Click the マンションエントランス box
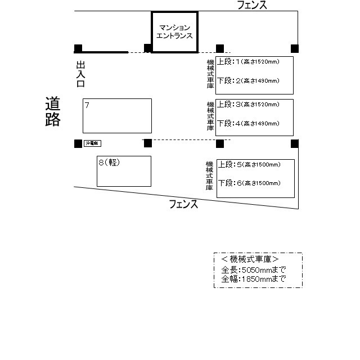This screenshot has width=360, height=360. tap(175, 31)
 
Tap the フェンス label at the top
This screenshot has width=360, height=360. tap(251, 5)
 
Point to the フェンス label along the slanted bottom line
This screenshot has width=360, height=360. tap(183, 205)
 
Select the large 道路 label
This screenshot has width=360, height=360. tap(53, 111)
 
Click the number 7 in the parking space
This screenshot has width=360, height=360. tap(87, 105)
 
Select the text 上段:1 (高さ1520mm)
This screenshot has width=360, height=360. tap(248, 61)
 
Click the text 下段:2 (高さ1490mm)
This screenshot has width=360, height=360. tap(248, 81)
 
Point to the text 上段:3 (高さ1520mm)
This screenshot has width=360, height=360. tap(248, 105)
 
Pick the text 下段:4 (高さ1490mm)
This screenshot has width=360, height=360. tap(248, 123)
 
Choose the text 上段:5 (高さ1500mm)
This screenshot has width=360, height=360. tap(249, 165)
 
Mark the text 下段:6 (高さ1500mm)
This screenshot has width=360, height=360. tap(249, 183)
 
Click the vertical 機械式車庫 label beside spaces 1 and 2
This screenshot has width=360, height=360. tap(210, 75)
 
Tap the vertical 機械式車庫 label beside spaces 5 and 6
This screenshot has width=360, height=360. tap(209, 175)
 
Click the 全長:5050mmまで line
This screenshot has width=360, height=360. tap(253, 270)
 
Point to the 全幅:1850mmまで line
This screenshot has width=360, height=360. tap(253, 278)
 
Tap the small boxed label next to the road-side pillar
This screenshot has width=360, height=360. tap(92, 143)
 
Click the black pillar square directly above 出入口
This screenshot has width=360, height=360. tap(78, 48)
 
